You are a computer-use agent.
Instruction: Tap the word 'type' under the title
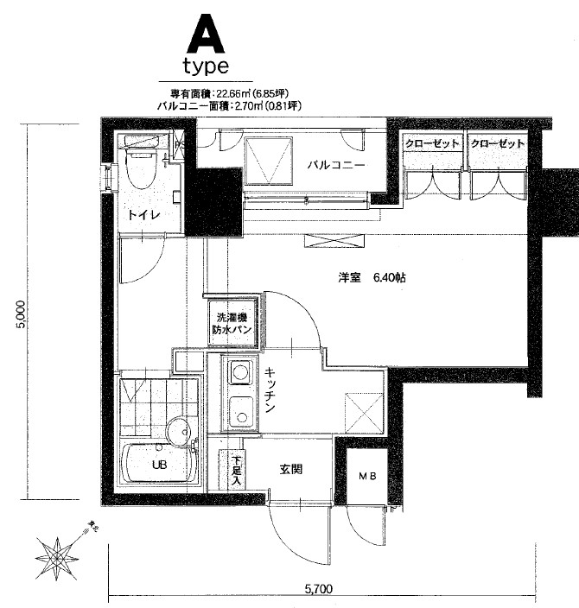pyautogui.click(x=205, y=66)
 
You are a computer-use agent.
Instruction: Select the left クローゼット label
pyautogui.click(x=432, y=143)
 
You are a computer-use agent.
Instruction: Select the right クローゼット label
pyautogui.click(x=498, y=143)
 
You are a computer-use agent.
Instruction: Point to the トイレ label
pyautogui.click(x=143, y=216)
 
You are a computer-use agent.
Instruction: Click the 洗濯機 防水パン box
pyautogui.click(x=233, y=322)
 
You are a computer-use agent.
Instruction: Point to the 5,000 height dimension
pyautogui.click(x=32, y=313)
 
